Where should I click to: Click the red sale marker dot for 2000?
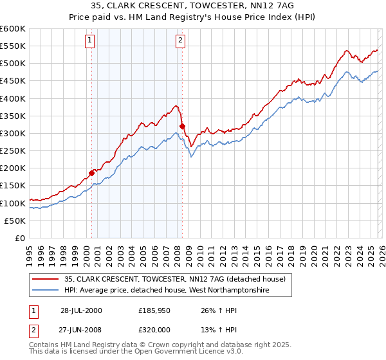[92, 172]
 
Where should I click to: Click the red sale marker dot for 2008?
[182, 126]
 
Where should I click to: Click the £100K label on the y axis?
[13, 203]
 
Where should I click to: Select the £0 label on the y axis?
[21, 238]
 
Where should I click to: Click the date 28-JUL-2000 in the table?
[80, 310]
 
